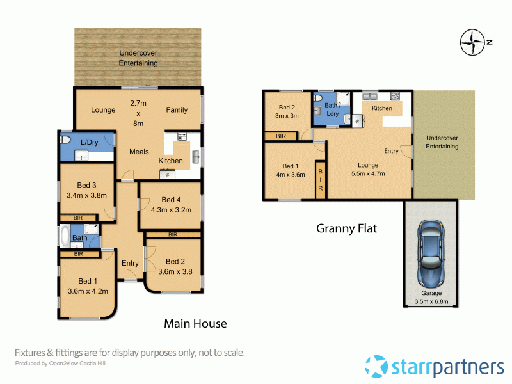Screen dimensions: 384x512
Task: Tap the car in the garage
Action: pyautogui.click(x=430, y=255)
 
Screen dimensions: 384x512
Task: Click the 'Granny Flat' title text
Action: pyautogui.click(x=346, y=228)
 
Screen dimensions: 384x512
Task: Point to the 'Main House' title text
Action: pyautogui.click(x=195, y=323)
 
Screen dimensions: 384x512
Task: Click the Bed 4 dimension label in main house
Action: pyautogui.click(x=170, y=204)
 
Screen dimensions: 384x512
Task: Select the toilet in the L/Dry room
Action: pyautogui.click(x=66, y=140)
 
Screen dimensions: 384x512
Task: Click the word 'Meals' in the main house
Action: pyautogui.click(x=139, y=152)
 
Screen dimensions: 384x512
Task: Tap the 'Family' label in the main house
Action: pyautogui.click(x=177, y=109)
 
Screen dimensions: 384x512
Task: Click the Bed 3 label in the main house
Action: pyautogui.click(x=86, y=191)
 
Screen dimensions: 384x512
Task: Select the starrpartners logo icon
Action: pyautogui.click(x=376, y=367)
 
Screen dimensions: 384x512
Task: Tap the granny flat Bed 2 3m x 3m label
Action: pyautogui.click(x=287, y=111)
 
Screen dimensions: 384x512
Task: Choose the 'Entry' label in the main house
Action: pyautogui.click(x=130, y=263)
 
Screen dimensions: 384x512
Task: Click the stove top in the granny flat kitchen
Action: pyautogui.click(x=395, y=97)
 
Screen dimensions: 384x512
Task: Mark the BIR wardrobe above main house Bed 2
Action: pyautogui.click(x=173, y=235)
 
